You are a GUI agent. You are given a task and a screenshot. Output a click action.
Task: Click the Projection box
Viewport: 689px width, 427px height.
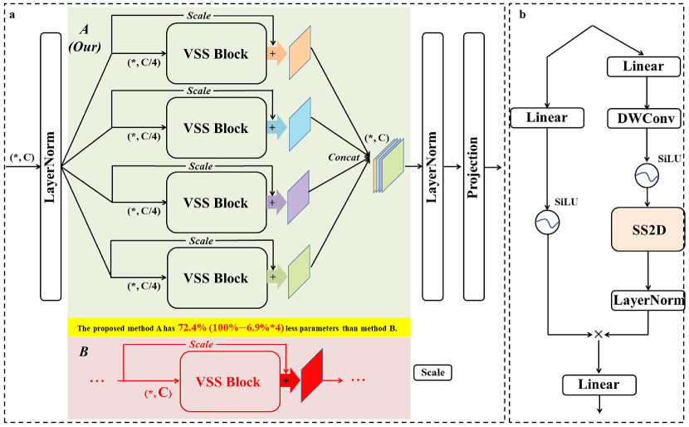pos(473,167)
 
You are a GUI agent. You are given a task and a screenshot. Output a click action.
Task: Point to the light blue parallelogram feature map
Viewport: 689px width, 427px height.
pos(299,130)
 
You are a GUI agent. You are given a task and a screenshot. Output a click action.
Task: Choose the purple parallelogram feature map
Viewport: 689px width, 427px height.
pos(298,204)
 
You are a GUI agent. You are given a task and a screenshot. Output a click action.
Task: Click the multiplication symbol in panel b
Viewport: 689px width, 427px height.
pos(597,333)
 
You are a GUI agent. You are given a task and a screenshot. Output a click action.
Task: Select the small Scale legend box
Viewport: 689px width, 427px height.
pos(432,373)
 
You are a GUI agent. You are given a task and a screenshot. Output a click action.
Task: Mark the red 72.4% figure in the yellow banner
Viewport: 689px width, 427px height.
pos(194,326)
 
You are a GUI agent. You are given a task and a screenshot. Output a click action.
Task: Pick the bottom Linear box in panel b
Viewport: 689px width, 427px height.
pos(598,385)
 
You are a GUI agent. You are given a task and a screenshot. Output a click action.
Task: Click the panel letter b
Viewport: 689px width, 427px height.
pos(520,14)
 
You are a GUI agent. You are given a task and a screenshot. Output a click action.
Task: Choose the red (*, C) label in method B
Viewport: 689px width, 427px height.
pos(157,393)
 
